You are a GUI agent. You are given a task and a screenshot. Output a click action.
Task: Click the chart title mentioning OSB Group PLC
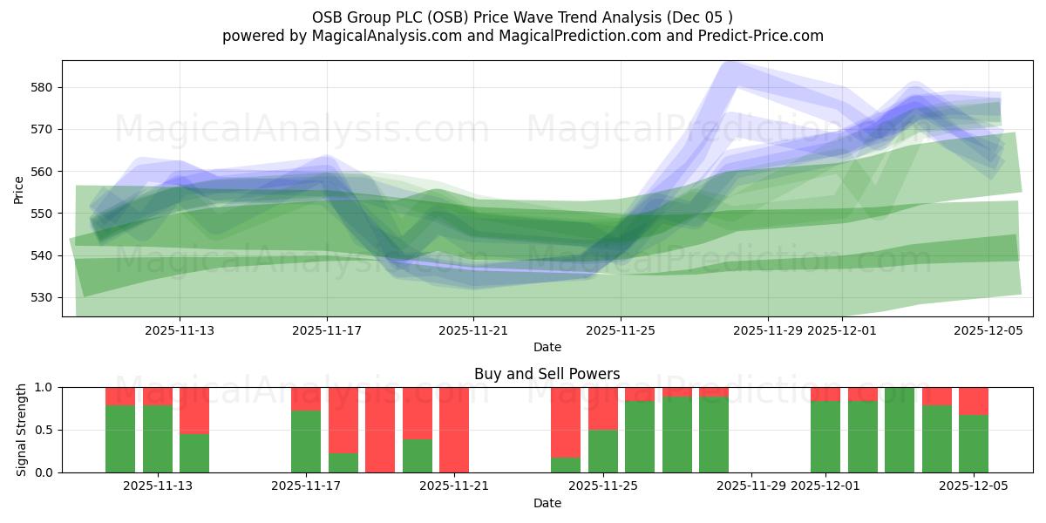[522, 17]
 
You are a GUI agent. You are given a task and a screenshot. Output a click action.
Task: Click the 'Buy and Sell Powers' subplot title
[547, 374]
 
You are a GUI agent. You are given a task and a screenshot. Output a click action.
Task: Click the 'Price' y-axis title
[19, 188]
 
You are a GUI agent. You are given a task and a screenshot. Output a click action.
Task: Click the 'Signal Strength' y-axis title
[22, 430]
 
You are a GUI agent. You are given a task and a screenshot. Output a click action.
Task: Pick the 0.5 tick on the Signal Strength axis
[44, 430]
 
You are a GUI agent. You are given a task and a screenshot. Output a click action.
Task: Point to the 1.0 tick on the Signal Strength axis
[44, 387]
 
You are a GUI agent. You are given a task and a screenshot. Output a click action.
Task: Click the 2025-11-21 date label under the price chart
[473, 330]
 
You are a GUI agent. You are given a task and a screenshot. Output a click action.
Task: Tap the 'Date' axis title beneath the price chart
[547, 347]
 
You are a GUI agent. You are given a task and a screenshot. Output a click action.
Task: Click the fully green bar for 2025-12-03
[900, 430]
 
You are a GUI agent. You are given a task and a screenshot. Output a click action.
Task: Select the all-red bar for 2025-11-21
[454, 430]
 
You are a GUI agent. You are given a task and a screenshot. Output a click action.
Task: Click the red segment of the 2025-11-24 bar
[566, 422]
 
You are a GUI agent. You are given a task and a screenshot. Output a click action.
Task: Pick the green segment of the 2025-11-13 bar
[194, 453]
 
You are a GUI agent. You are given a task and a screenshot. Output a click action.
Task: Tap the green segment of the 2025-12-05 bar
[974, 444]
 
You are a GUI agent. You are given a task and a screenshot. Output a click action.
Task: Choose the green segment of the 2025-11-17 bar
[306, 442]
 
